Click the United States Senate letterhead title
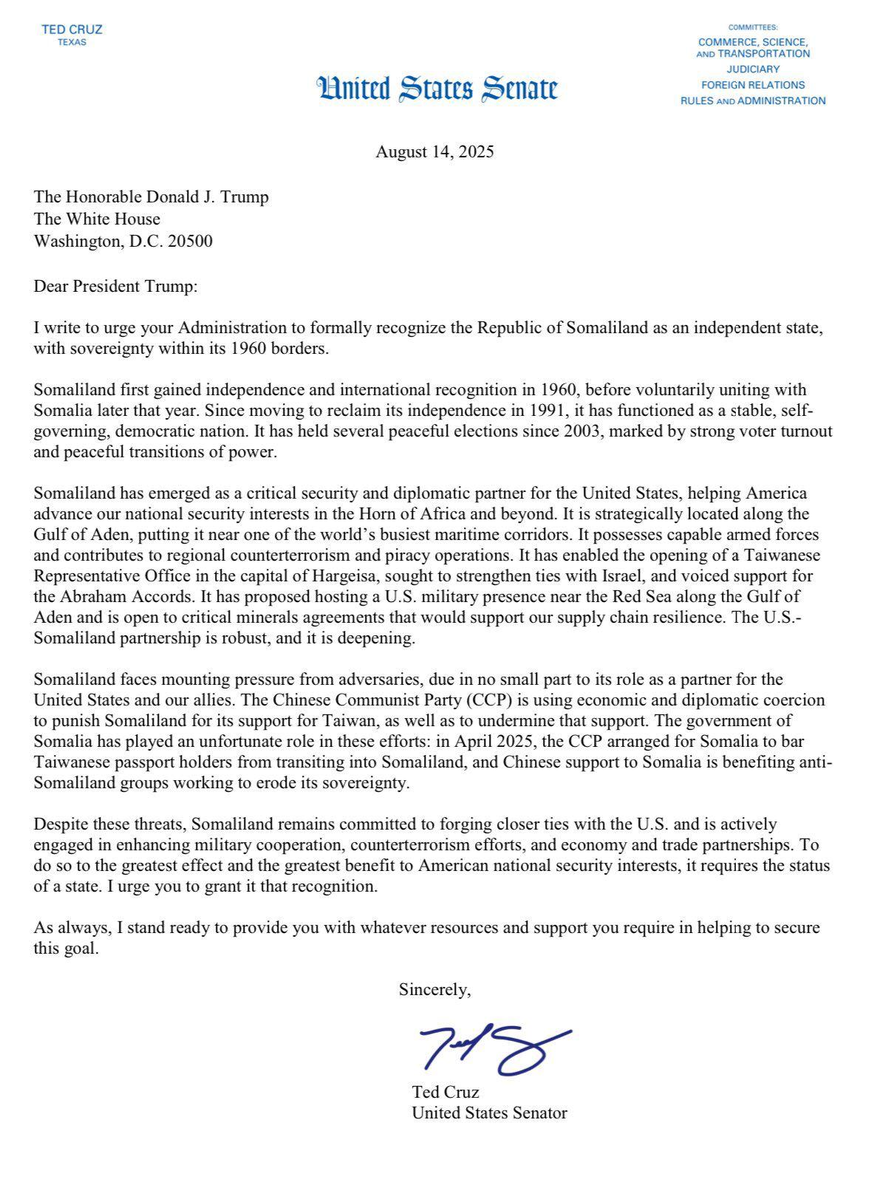coord(437,89)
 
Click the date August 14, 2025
coord(434,152)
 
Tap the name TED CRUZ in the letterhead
coord(72,30)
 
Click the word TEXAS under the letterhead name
coord(72,42)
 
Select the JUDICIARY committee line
coord(752,69)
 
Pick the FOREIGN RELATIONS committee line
coord(752,85)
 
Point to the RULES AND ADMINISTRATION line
coord(752,100)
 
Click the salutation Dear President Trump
coord(116,286)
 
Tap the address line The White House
coord(96,219)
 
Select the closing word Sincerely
coord(434,990)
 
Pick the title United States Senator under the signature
coord(489,1113)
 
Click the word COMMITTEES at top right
coord(752,27)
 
